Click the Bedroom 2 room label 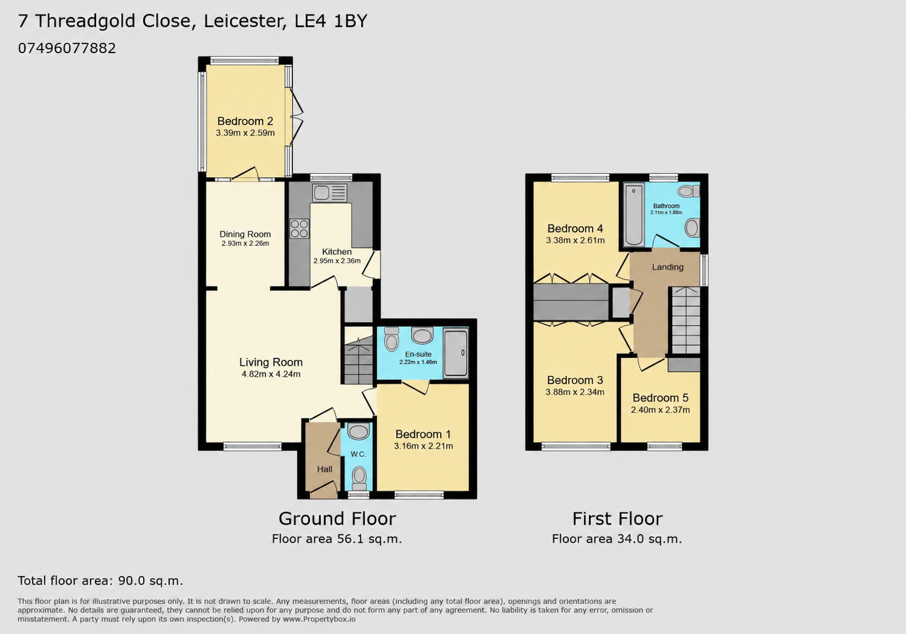(245, 121)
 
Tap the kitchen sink (329, 193)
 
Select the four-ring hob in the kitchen (299, 228)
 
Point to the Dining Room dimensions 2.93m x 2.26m (245, 244)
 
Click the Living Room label (271, 362)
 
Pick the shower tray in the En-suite (456, 354)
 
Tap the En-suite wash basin (422, 335)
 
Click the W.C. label (358, 454)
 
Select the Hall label (325, 469)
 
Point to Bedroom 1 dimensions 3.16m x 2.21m (424, 446)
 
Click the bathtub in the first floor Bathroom (634, 215)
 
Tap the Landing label (668, 267)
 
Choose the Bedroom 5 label (661, 398)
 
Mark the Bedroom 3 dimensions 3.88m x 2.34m (575, 392)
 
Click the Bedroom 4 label (575, 228)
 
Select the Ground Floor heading (337, 519)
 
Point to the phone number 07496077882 (66, 48)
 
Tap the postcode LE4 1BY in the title (331, 21)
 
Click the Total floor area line (100, 581)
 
